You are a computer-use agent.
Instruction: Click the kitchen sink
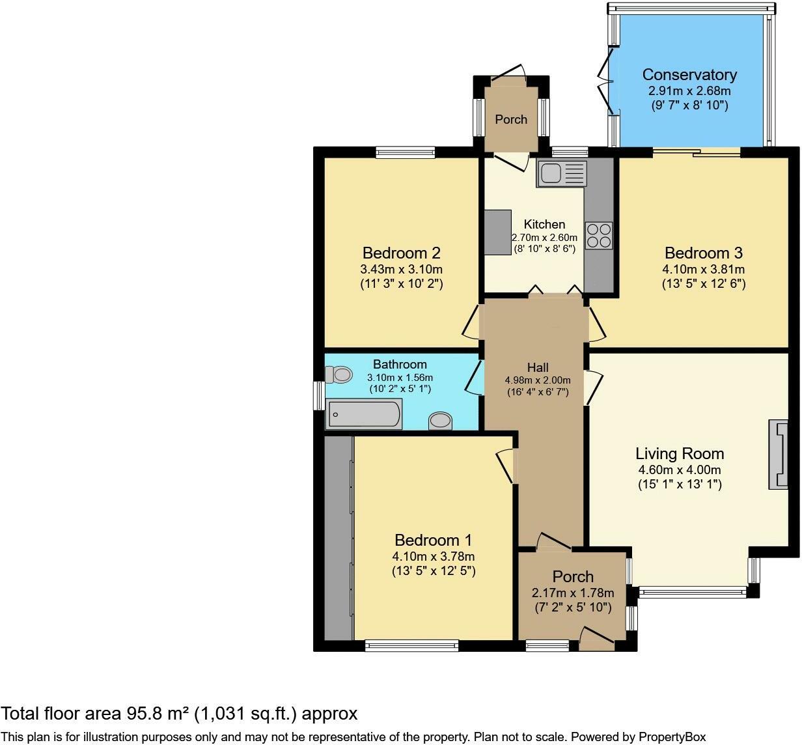coord(561,173)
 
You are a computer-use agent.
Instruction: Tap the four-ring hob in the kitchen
coord(600,236)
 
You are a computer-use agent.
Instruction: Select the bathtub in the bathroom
coord(364,414)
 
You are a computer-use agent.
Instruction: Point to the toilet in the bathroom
coord(339,374)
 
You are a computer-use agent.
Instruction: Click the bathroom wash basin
coord(440,421)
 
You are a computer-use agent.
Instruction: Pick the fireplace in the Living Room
coord(778,455)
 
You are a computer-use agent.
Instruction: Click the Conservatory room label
coord(689,75)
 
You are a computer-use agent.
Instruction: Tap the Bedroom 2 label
coord(402,253)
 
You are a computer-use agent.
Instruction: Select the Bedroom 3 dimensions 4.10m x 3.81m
coord(704,269)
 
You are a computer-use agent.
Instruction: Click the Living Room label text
coord(680,454)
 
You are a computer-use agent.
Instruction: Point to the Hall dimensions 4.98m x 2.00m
coord(538,380)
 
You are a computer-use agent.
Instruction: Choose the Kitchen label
coord(544,224)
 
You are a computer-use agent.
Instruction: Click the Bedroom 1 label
coord(434,540)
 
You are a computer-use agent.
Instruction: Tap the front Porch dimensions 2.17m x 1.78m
coord(573,593)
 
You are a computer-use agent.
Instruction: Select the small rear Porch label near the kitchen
coord(511,120)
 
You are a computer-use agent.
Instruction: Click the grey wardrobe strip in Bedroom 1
coord(339,538)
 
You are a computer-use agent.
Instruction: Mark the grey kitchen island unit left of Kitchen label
coord(497,232)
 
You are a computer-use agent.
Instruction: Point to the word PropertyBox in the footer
coord(672,737)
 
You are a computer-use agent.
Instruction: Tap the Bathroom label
coord(400,365)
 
